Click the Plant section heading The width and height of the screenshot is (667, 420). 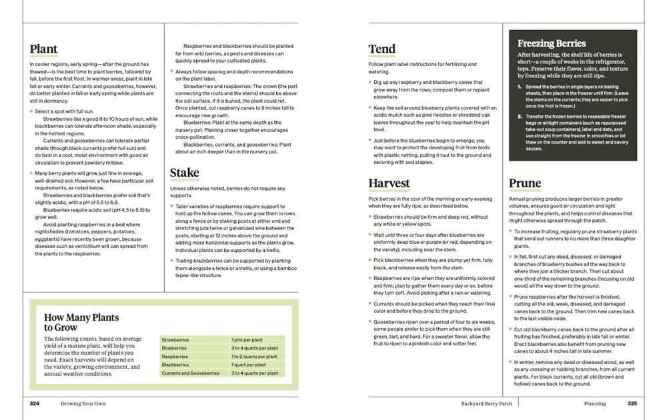tap(43, 49)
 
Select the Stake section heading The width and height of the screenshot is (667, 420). tap(184, 173)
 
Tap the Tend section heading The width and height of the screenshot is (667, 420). tap(382, 49)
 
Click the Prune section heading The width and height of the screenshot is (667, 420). tap(525, 184)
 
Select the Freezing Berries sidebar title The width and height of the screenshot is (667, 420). tap(552, 43)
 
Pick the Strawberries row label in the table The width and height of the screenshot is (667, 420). tap(175, 340)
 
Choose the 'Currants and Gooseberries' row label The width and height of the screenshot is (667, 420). tap(190, 373)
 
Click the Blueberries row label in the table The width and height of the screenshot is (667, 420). tap(174, 348)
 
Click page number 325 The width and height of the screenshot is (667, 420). tap(632, 403)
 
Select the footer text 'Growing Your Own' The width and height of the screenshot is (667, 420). tap(83, 403)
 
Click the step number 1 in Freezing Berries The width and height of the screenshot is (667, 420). tap(520, 87)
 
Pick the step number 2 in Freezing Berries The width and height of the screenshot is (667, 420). tap(520, 116)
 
